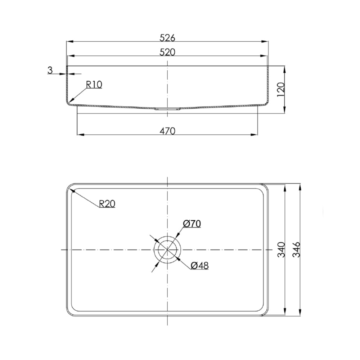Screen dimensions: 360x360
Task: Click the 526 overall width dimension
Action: click(167, 37)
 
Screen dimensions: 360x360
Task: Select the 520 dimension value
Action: click(167, 52)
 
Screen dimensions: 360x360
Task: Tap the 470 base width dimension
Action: click(167, 131)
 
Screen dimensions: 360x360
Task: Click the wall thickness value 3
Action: click(50, 70)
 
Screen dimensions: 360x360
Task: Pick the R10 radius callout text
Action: click(94, 85)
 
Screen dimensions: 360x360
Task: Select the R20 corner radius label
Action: click(107, 204)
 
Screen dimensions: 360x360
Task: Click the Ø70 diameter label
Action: click(192, 224)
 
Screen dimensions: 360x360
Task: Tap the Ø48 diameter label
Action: click(199, 266)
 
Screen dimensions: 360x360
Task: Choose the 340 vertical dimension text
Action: click(281, 249)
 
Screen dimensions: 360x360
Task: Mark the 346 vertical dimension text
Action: click(296, 249)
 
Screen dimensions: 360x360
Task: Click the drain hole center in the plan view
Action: click(167, 249)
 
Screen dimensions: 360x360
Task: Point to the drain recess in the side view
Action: click(167, 108)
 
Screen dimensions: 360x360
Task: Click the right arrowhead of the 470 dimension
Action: click(255, 135)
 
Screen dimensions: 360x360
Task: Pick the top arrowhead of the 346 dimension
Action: click(300, 186)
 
